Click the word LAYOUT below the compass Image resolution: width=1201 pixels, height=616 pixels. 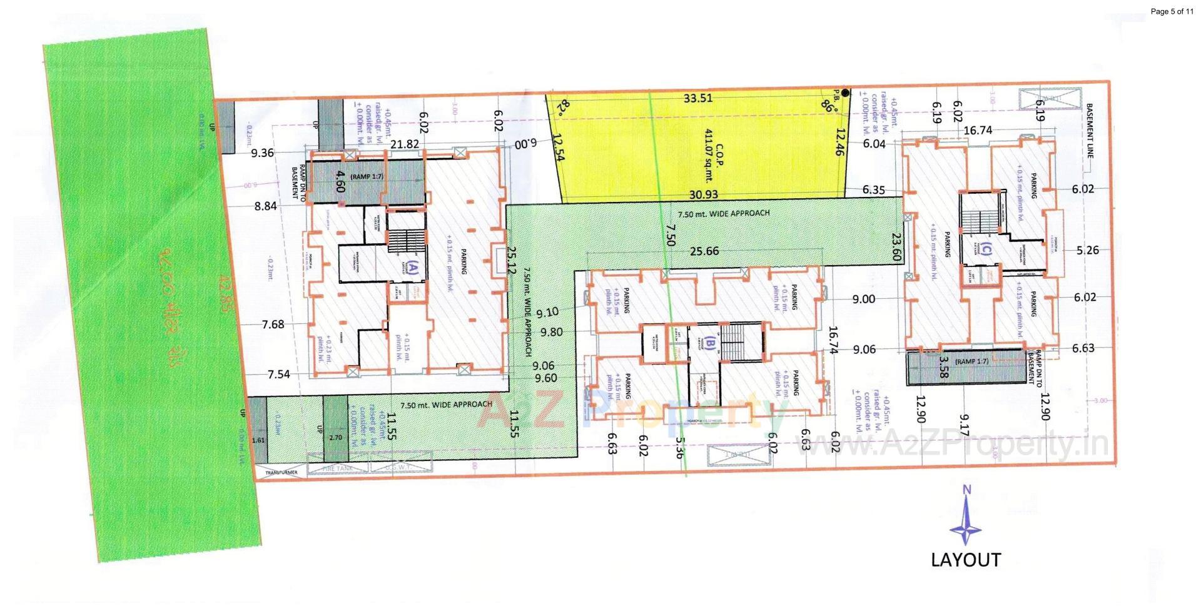click(x=966, y=560)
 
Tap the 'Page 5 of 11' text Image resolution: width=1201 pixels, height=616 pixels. click(x=1172, y=11)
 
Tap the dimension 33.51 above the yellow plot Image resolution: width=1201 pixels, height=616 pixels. click(x=698, y=98)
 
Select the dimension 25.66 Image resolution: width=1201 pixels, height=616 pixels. click(x=704, y=251)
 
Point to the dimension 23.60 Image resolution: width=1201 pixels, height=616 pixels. click(x=896, y=247)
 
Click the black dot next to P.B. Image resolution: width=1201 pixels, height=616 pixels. click(x=846, y=93)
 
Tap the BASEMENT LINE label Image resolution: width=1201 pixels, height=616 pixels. click(x=1090, y=131)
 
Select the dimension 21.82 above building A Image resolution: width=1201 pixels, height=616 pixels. click(x=404, y=144)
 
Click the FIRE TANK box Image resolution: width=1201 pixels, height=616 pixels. click(x=338, y=468)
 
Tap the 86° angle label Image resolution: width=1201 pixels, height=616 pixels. click(x=829, y=107)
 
